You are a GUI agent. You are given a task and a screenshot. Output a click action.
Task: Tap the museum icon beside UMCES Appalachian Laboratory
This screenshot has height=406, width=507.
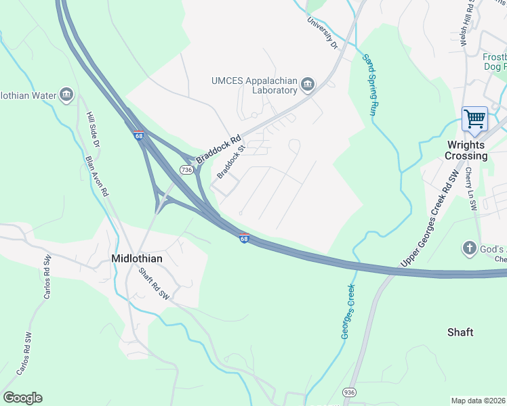[308, 84]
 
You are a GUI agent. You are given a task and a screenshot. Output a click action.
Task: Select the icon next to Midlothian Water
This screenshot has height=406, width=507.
[66, 95]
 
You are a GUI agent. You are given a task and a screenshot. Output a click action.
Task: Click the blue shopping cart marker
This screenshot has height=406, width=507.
[475, 120]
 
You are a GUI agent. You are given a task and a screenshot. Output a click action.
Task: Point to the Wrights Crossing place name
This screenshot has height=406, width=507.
[466, 150]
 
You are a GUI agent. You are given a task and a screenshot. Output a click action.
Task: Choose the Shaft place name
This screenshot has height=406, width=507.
[460, 332]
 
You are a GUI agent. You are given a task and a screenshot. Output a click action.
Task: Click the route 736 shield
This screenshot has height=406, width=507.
[186, 170]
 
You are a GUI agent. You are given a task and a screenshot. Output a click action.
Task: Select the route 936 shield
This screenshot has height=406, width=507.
[349, 392]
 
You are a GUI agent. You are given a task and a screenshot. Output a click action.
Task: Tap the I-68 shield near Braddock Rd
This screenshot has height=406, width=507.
[139, 135]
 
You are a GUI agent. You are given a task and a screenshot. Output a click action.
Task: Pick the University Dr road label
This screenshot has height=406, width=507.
[322, 33]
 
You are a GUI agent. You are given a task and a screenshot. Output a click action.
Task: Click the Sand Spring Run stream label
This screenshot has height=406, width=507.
[370, 84]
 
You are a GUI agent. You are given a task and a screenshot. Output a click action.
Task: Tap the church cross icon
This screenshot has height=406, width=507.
[469, 248]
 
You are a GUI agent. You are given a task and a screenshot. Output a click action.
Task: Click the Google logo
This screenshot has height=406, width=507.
[22, 398]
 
